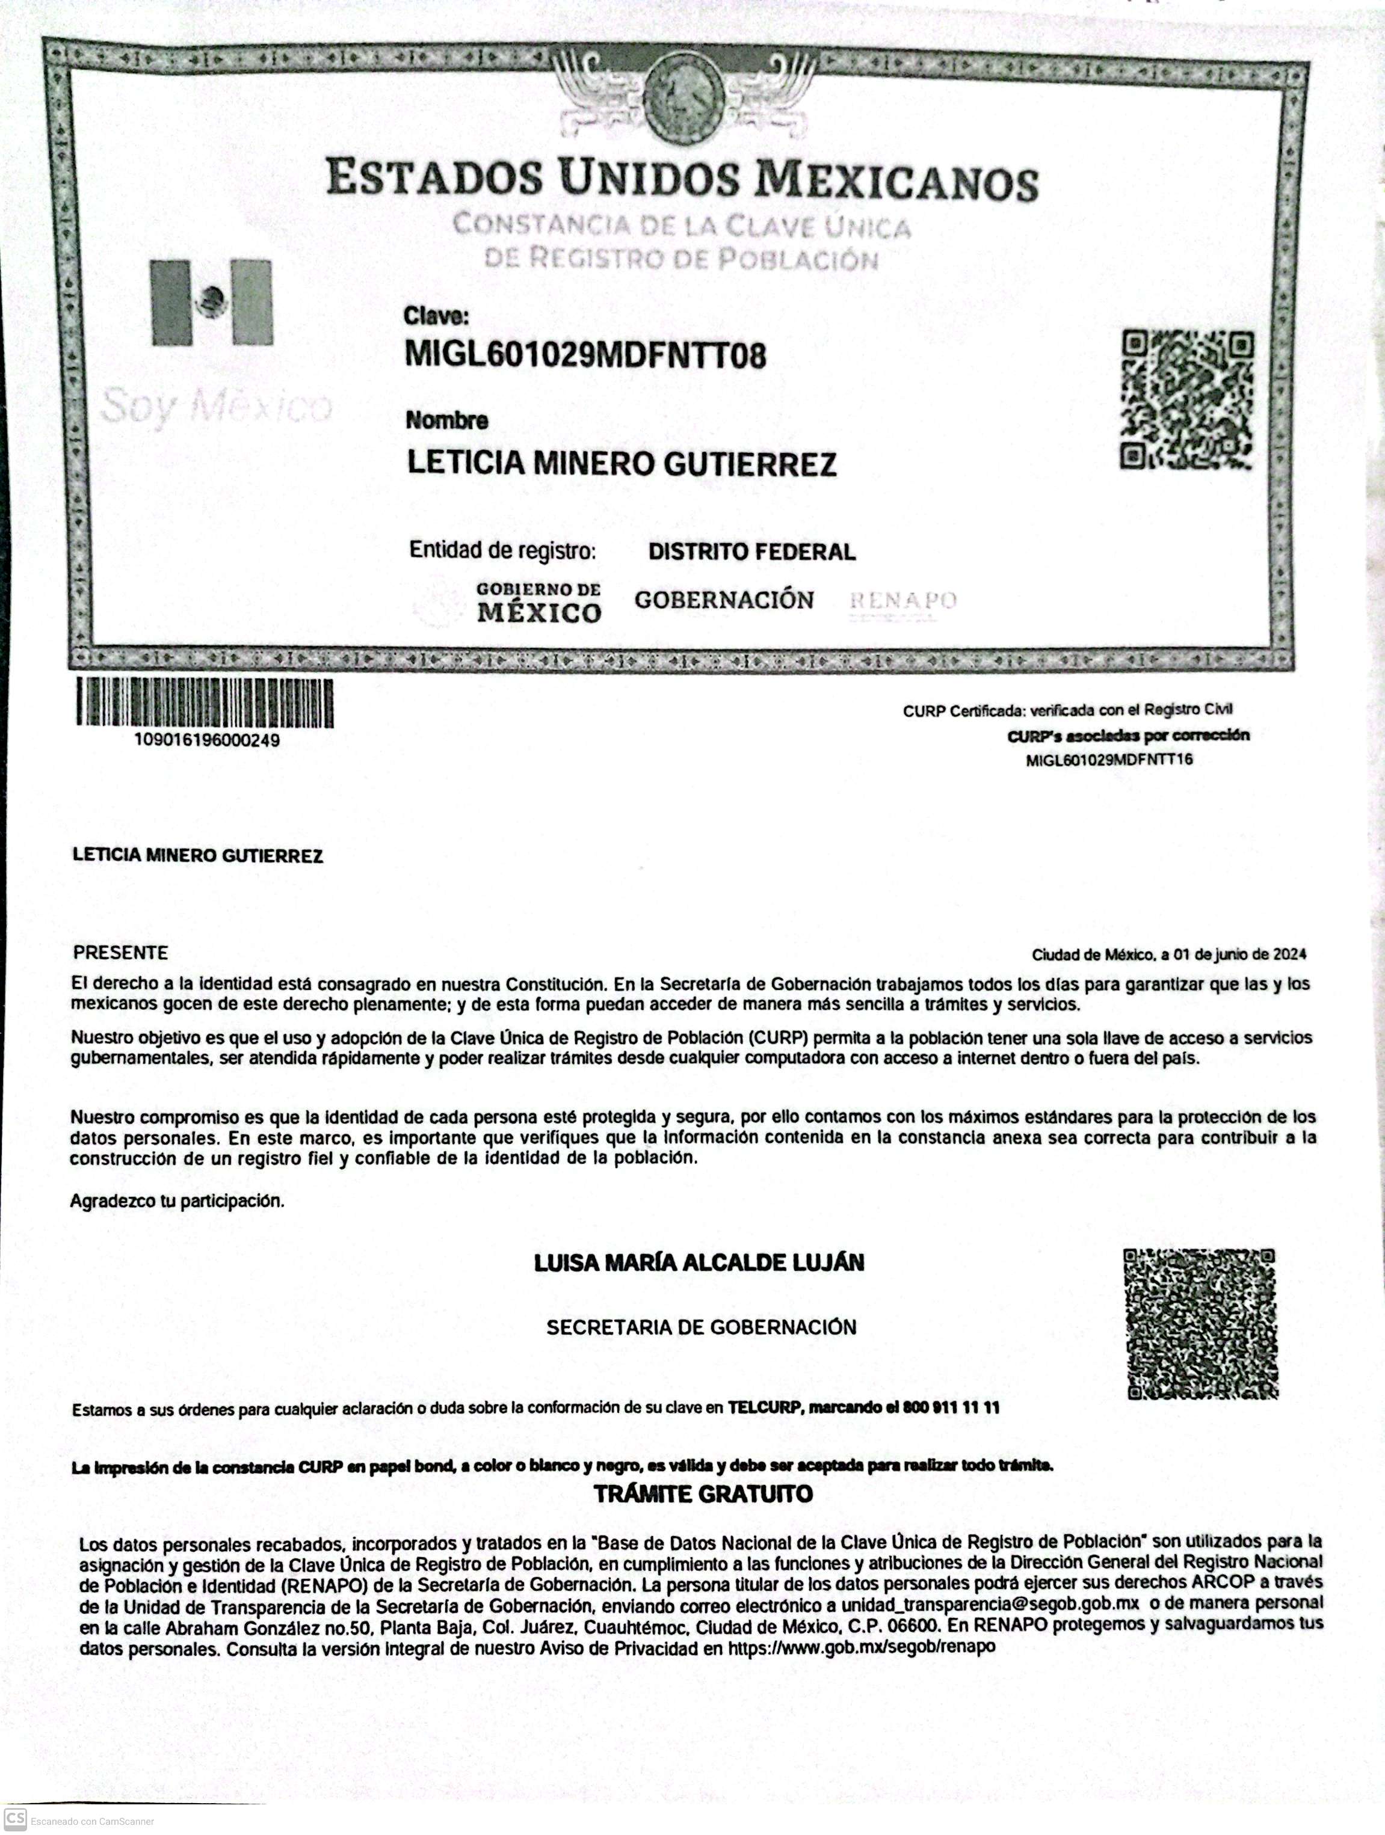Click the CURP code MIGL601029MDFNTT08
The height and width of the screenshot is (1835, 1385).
[585, 354]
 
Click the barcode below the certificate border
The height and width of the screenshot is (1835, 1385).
[205, 702]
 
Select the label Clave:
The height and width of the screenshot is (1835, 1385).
[436, 316]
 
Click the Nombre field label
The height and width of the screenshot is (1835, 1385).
[446, 420]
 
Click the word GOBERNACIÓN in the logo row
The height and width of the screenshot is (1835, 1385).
[724, 600]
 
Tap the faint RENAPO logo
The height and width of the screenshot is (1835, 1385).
[903, 601]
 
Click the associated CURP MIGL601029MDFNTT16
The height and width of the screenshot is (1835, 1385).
[1109, 760]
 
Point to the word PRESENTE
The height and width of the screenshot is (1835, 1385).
[120, 952]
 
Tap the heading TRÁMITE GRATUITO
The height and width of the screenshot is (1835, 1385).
[702, 1494]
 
